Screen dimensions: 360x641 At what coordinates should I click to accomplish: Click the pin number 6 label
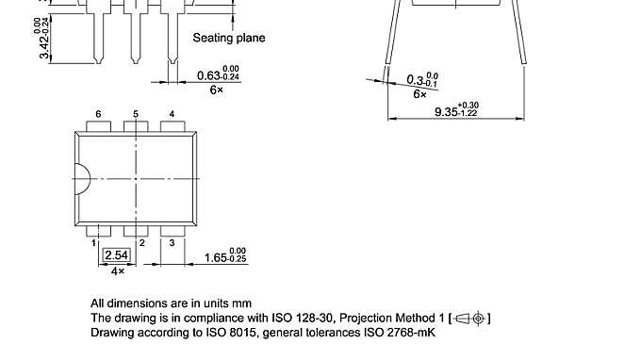pyautogui.click(x=98, y=114)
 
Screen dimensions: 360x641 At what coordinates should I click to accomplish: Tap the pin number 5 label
pyautogui.click(x=136, y=114)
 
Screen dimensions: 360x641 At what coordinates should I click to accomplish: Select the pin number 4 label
pyautogui.click(x=172, y=114)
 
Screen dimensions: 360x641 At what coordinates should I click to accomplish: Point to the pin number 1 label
pyautogui.click(x=94, y=243)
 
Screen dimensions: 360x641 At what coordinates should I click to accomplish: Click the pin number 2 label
pyautogui.click(x=141, y=243)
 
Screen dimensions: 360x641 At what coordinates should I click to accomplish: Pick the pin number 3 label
pyautogui.click(x=173, y=243)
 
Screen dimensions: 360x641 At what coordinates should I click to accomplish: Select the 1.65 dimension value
pyautogui.click(x=217, y=256)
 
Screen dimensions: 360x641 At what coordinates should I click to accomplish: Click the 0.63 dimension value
pyautogui.click(x=209, y=75)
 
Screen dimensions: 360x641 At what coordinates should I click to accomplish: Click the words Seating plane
pyautogui.click(x=229, y=39)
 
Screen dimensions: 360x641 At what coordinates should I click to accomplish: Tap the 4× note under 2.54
pyautogui.click(x=118, y=271)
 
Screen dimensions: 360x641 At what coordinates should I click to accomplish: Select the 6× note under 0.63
pyautogui.click(x=216, y=90)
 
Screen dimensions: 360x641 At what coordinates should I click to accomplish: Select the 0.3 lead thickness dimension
pyautogui.click(x=417, y=80)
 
